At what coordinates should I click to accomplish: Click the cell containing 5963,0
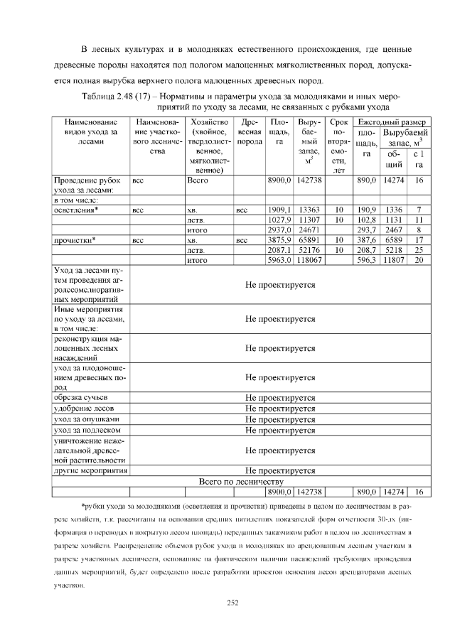(279, 260)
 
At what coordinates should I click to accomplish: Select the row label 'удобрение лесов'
(82, 409)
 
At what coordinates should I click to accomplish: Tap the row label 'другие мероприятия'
(90, 470)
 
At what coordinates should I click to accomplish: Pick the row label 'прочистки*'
(75, 240)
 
